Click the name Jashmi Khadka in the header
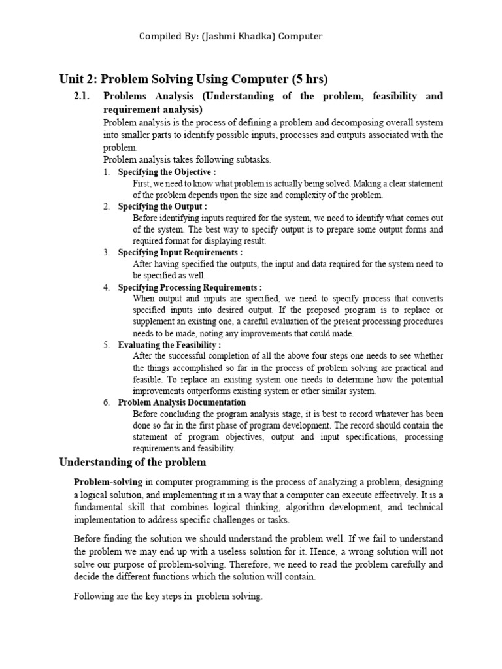point(243,37)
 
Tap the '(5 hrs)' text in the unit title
point(309,80)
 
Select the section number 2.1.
point(82,97)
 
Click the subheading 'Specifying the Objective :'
point(167,172)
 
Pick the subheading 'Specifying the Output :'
point(162,206)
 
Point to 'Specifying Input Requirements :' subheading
point(180,252)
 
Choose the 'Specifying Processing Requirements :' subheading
point(190,287)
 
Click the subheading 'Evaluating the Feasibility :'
point(169,345)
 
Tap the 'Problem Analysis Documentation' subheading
point(182,402)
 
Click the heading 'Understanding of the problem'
point(133,463)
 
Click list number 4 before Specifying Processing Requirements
point(106,287)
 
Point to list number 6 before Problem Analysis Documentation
point(106,402)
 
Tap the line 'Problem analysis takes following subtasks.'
point(186,159)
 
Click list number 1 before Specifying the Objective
point(106,172)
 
